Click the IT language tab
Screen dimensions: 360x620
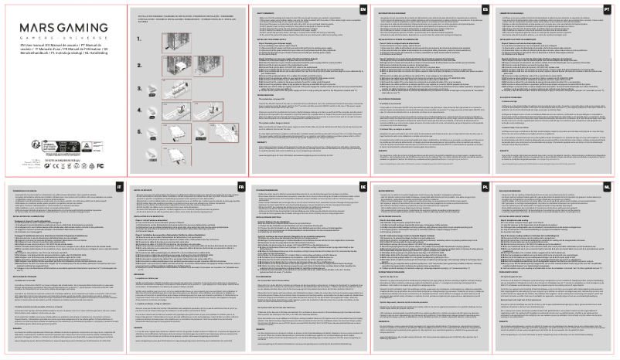point(118,188)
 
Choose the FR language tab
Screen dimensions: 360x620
point(241,188)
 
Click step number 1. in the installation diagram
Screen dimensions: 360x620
point(138,39)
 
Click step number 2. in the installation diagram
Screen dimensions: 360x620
point(138,69)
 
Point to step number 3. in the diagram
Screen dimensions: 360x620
point(138,94)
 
